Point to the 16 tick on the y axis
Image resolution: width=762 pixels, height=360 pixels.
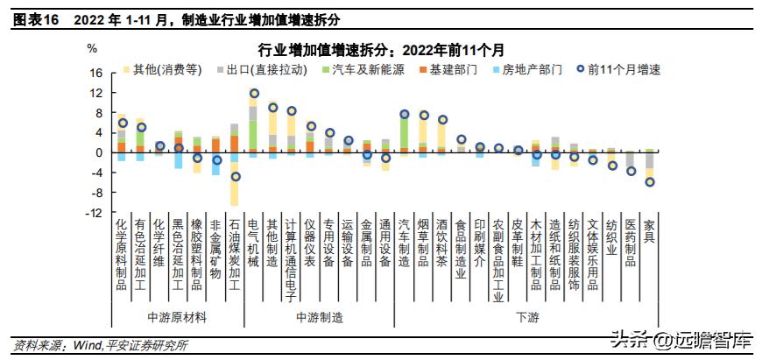coord(97,73)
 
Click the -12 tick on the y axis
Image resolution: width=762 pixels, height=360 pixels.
coord(95,213)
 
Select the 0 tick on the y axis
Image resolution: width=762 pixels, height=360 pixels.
coord(100,152)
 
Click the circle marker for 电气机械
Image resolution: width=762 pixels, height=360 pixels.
coord(254,94)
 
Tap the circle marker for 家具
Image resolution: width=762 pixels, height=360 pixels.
coord(649,182)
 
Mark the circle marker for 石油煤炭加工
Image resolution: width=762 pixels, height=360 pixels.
coord(235,176)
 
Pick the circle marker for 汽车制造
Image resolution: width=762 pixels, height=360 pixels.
coord(405,114)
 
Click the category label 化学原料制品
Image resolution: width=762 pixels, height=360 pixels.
coord(122,254)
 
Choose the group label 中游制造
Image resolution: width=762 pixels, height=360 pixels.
coord(319,316)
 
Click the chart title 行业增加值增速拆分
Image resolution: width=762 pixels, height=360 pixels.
coord(381,49)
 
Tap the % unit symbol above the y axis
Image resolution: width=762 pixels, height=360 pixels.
coord(92,48)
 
